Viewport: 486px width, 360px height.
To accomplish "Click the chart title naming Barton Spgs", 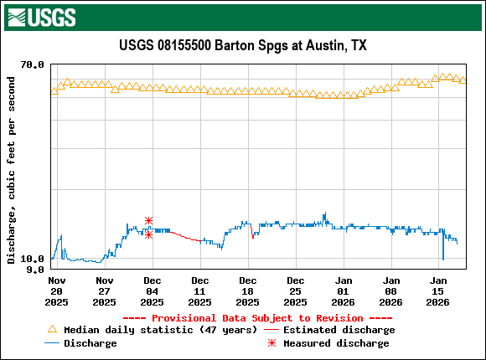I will point(243,45).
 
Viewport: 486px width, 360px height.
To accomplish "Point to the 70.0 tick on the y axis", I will point(33,64).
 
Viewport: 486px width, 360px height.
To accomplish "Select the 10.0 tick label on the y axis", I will point(33,260).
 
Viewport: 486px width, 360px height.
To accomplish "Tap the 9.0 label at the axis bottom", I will point(36,270).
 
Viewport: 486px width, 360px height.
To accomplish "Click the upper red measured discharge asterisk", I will point(148,220).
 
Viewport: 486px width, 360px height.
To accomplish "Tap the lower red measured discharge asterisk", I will point(148,234).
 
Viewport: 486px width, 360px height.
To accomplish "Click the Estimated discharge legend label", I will point(339,330).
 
